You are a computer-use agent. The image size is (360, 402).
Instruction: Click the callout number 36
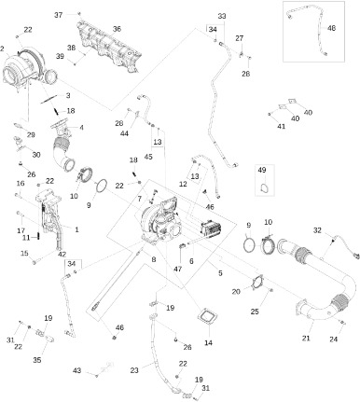(x=117, y=29)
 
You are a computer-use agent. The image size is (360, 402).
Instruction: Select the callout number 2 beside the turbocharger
(x=2, y=49)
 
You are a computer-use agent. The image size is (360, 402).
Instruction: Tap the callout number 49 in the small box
(x=262, y=170)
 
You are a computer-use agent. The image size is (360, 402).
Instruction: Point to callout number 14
(x=208, y=342)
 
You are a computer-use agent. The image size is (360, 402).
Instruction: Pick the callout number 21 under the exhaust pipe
(x=306, y=338)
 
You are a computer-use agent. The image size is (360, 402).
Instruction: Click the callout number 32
(x=317, y=230)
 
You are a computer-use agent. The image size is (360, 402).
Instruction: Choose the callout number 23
(x=134, y=370)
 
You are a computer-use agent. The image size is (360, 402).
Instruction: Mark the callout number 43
(x=76, y=370)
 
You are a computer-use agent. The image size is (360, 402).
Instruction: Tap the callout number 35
(x=37, y=360)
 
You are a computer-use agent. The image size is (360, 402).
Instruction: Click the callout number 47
(x=177, y=269)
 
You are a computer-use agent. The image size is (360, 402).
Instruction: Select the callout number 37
(x=59, y=15)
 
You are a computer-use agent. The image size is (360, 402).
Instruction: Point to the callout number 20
(x=236, y=292)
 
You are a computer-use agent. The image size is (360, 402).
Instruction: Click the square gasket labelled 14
(x=206, y=318)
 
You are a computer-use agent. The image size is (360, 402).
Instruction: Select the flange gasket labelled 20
(x=258, y=283)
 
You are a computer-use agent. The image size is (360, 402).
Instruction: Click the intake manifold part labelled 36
(x=109, y=49)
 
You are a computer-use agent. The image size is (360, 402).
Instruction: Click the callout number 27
(x=240, y=38)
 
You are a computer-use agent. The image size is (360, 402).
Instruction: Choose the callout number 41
(x=281, y=126)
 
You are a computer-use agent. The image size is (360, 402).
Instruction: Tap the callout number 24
(x=333, y=339)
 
